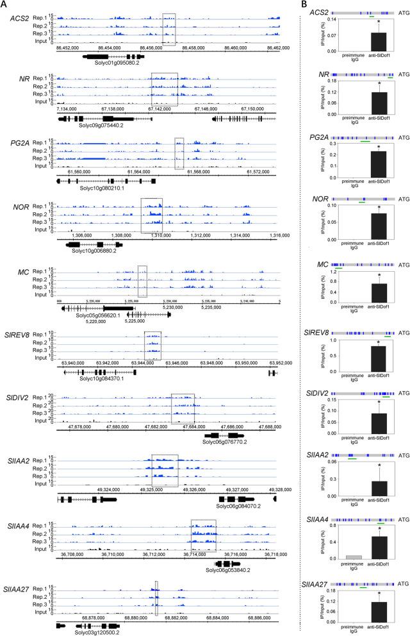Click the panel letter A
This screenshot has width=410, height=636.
point(4,4)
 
